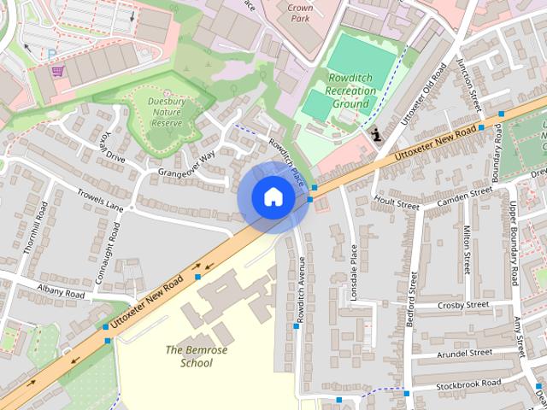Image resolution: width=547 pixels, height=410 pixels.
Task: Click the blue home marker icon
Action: (273, 197)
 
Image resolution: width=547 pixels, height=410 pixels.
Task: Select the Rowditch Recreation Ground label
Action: (350, 91)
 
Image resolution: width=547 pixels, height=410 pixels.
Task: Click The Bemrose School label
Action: (189, 355)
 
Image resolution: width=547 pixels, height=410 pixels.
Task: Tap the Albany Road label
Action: (62, 292)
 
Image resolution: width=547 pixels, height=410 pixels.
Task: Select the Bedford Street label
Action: (411, 299)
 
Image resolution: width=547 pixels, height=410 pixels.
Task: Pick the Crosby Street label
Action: (462, 304)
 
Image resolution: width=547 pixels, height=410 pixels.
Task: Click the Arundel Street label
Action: (464, 352)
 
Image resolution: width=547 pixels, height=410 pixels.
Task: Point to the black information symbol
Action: (377, 134)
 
